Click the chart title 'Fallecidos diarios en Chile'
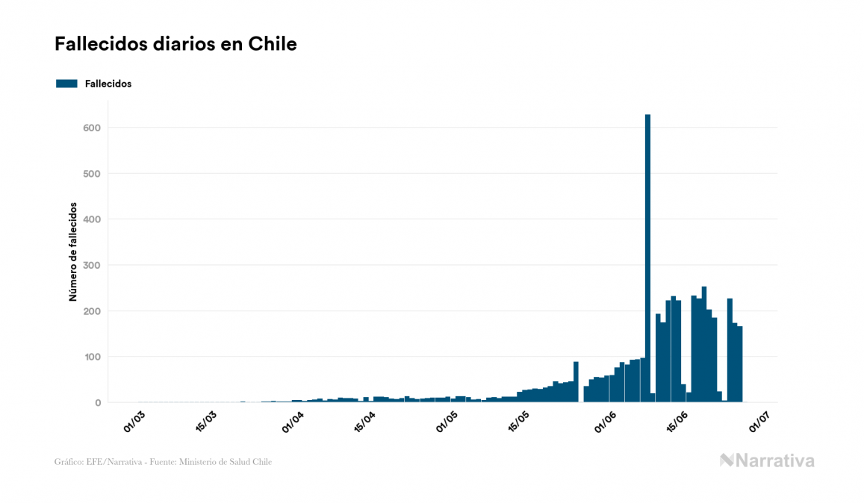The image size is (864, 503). [x=175, y=44]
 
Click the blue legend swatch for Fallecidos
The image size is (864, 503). [x=66, y=84]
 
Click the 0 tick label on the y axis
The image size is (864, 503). [x=97, y=403]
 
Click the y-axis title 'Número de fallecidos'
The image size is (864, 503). [x=73, y=251]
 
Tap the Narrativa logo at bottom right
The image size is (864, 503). [x=767, y=460]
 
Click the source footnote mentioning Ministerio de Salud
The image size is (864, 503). [x=163, y=462]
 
